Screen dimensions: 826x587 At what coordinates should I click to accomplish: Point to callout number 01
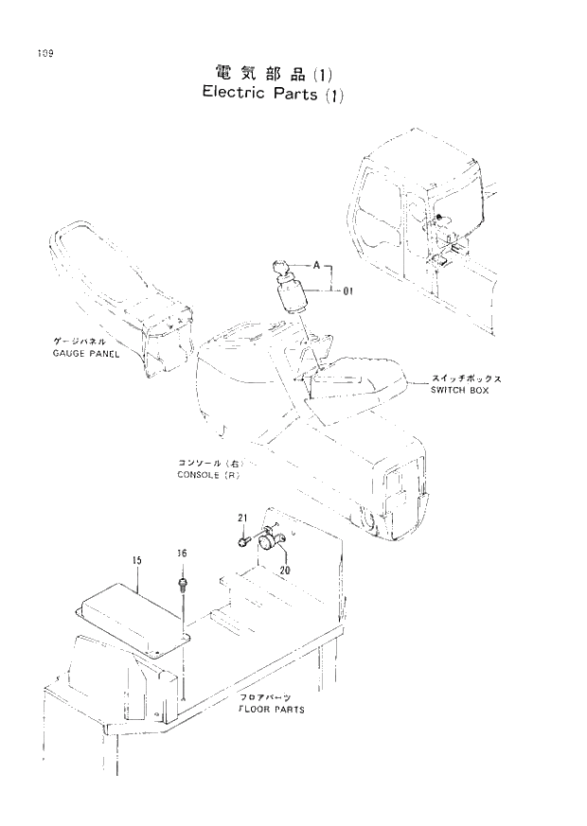347,292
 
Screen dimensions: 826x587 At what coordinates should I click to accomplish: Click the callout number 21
242,518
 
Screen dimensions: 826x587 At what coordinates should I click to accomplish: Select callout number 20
284,570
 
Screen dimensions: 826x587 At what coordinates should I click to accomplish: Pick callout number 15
136,561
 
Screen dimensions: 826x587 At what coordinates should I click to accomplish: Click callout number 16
181,553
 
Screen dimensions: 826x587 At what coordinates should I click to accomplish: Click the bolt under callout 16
182,576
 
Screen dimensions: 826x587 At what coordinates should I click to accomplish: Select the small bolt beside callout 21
243,542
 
